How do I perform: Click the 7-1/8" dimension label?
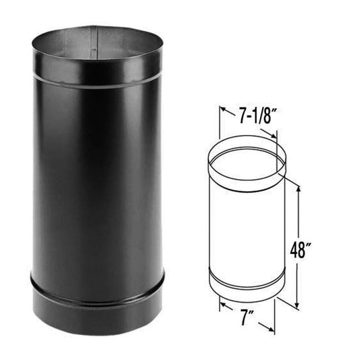coord(248,116)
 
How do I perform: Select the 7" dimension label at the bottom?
coord(247,317)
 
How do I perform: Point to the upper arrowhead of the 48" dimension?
coord(298,184)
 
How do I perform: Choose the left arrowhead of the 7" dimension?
coord(221,305)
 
